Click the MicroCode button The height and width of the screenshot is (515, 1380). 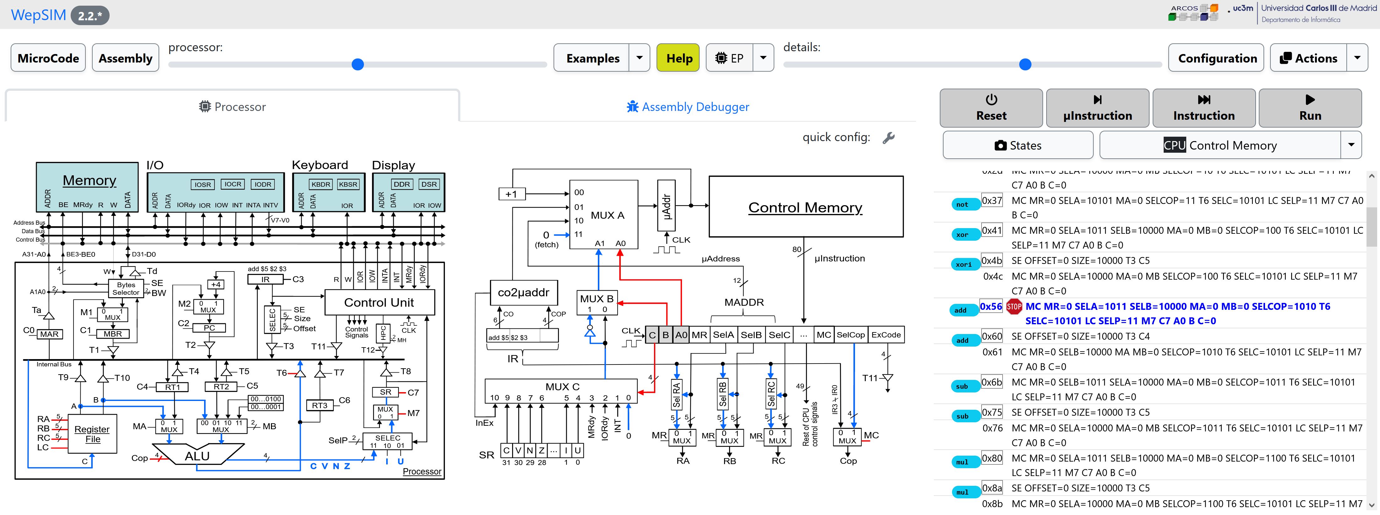click(x=48, y=58)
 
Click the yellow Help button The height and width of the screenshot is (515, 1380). click(x=678, y=58)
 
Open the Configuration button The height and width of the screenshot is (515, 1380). click(x=1217, y=58)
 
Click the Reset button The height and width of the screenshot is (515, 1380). click(x=991, y=108)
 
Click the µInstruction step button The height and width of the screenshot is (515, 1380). click(x=1097, y=108)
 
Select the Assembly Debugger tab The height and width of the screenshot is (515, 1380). click(x=688, y=107)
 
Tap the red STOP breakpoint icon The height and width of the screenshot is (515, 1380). click(x=1014, y=307)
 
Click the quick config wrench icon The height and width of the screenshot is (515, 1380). click(x=888, y=138)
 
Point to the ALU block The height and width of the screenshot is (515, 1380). click(x=197, y=456)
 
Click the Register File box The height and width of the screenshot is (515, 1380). click(x=92, y=434)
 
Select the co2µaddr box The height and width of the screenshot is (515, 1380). click(x=523, y=293)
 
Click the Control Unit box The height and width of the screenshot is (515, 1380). click(x=379, y=302)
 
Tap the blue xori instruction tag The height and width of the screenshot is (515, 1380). click(x=963, y=264)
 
